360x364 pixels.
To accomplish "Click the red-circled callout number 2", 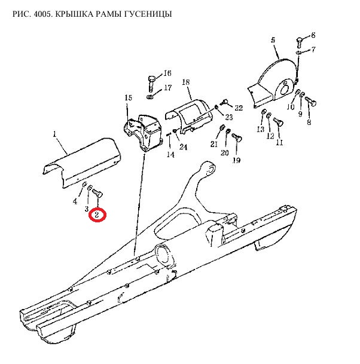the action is click(x=97, y=215).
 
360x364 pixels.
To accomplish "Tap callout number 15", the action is click(x=128, y=98).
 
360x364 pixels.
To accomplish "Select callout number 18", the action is click(x=186, y=82).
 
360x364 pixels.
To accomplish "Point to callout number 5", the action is click(x=273, y=40).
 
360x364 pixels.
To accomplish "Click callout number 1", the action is click(x=54, y=134).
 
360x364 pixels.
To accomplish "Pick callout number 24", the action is click(x=183, y=147).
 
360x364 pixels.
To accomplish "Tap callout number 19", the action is click(x=237, y=160).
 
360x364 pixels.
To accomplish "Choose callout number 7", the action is click(x=313, y=50).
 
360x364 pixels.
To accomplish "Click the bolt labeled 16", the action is click(x=152, y=83).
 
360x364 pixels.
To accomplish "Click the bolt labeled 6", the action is click(x=299, y=42).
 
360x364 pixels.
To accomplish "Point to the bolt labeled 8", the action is click(x=310, y=101).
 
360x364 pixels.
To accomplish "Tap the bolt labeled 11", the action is click(x=278, y=122).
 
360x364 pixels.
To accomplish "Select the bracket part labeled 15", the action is click(x=142, y=133).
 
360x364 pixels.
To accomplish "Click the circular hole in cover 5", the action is click(x=284, y=88).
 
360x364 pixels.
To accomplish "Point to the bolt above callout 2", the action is click(x=98, y=193).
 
